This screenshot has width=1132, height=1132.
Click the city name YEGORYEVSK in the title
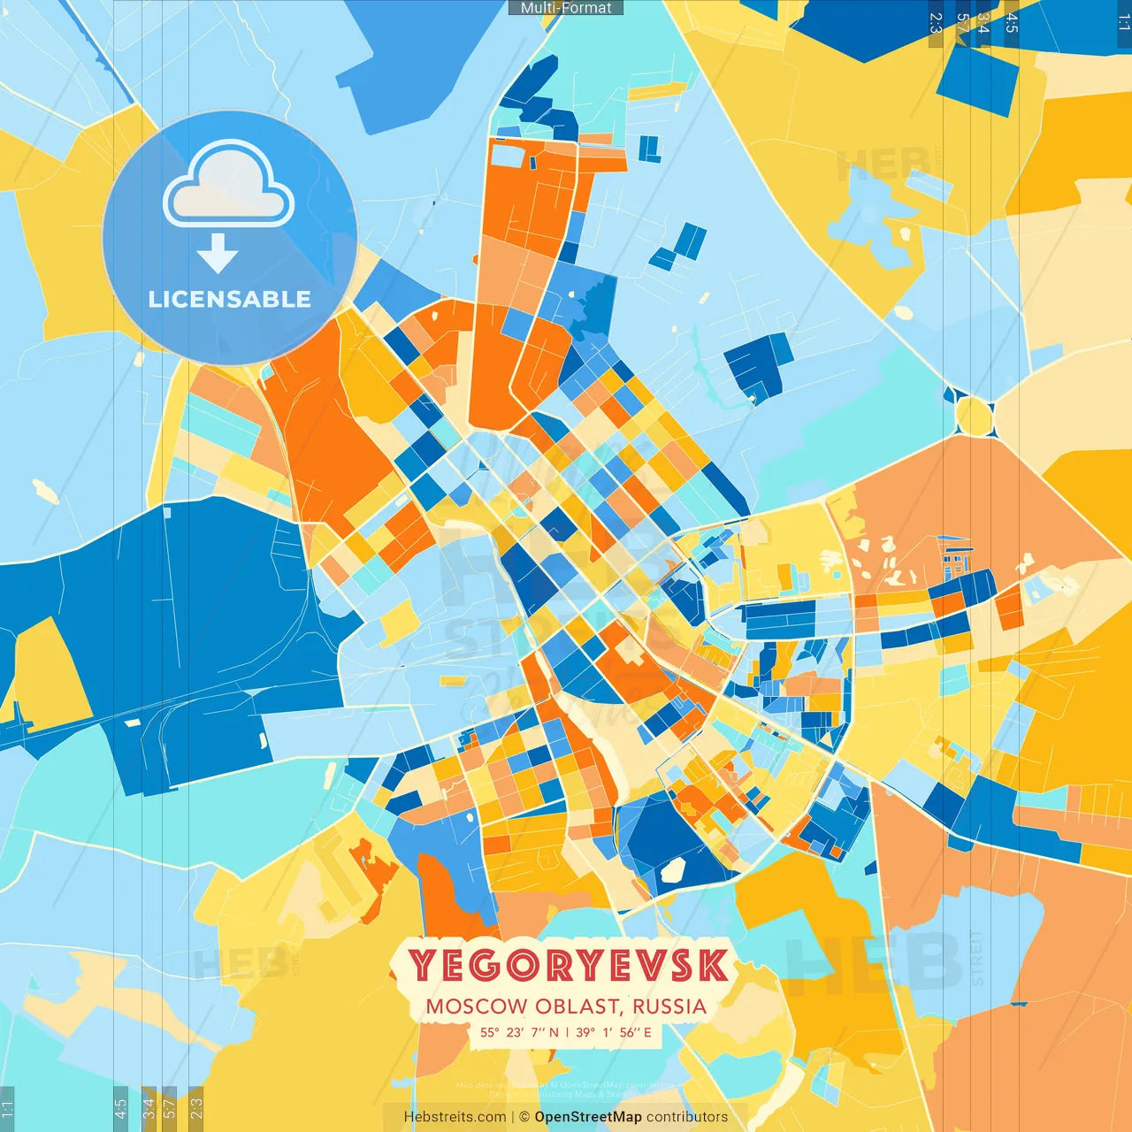pyautogui.click(x=568, y=965)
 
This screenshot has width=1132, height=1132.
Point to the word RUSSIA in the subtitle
pyautogui.click(x=669, y=1006)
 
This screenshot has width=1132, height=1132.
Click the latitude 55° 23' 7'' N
pyautogui.click(x=520, y=1032)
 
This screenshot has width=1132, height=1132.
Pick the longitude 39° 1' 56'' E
pyautogui.click(x=613, y=1032)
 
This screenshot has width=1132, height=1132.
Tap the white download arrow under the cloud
pyautogui.click(x=218, y=254)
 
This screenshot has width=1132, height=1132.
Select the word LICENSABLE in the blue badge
pyautogui.click(x=229, y=299)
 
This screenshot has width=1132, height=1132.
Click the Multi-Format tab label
pyautogui.click(x=566, y=8)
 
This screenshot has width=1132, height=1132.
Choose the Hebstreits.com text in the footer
pyautogui.click(x=455, y=1117)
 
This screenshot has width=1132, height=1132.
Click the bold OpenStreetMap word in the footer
pyautogui.click(x=588, y=1117)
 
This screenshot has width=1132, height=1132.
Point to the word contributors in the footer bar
pyautogui.click(x=687, y=1117)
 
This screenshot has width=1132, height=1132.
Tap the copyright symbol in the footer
pyautogui.click(x=524, y=1117)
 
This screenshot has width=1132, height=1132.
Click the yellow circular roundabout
pyautogui.click(x=974, y=416)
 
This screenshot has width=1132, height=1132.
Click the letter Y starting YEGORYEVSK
pyautogui.click(x=423, y=965)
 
